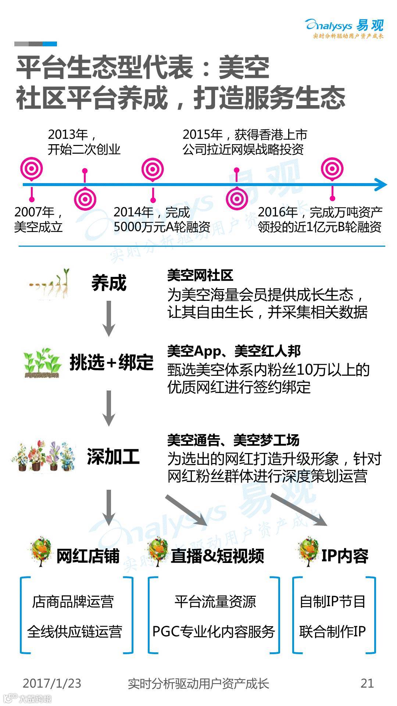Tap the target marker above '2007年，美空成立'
click(31, 169)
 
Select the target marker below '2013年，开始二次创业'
click(85, 199)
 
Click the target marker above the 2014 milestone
click(153, 169)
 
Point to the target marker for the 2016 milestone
click(332, 169)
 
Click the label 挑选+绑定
click(112, 362)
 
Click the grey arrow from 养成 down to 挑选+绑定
click(108, 318)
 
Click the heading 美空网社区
click(200, 275)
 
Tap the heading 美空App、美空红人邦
click(234, 351)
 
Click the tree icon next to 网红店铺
click(41, 552)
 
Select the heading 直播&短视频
click(217, 556)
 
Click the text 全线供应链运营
click(75, 632)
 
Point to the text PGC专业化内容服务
click(214, 632)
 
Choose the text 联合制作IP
click(333, 632)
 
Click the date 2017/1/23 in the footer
click(52, 683)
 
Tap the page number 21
click(367, 683)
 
